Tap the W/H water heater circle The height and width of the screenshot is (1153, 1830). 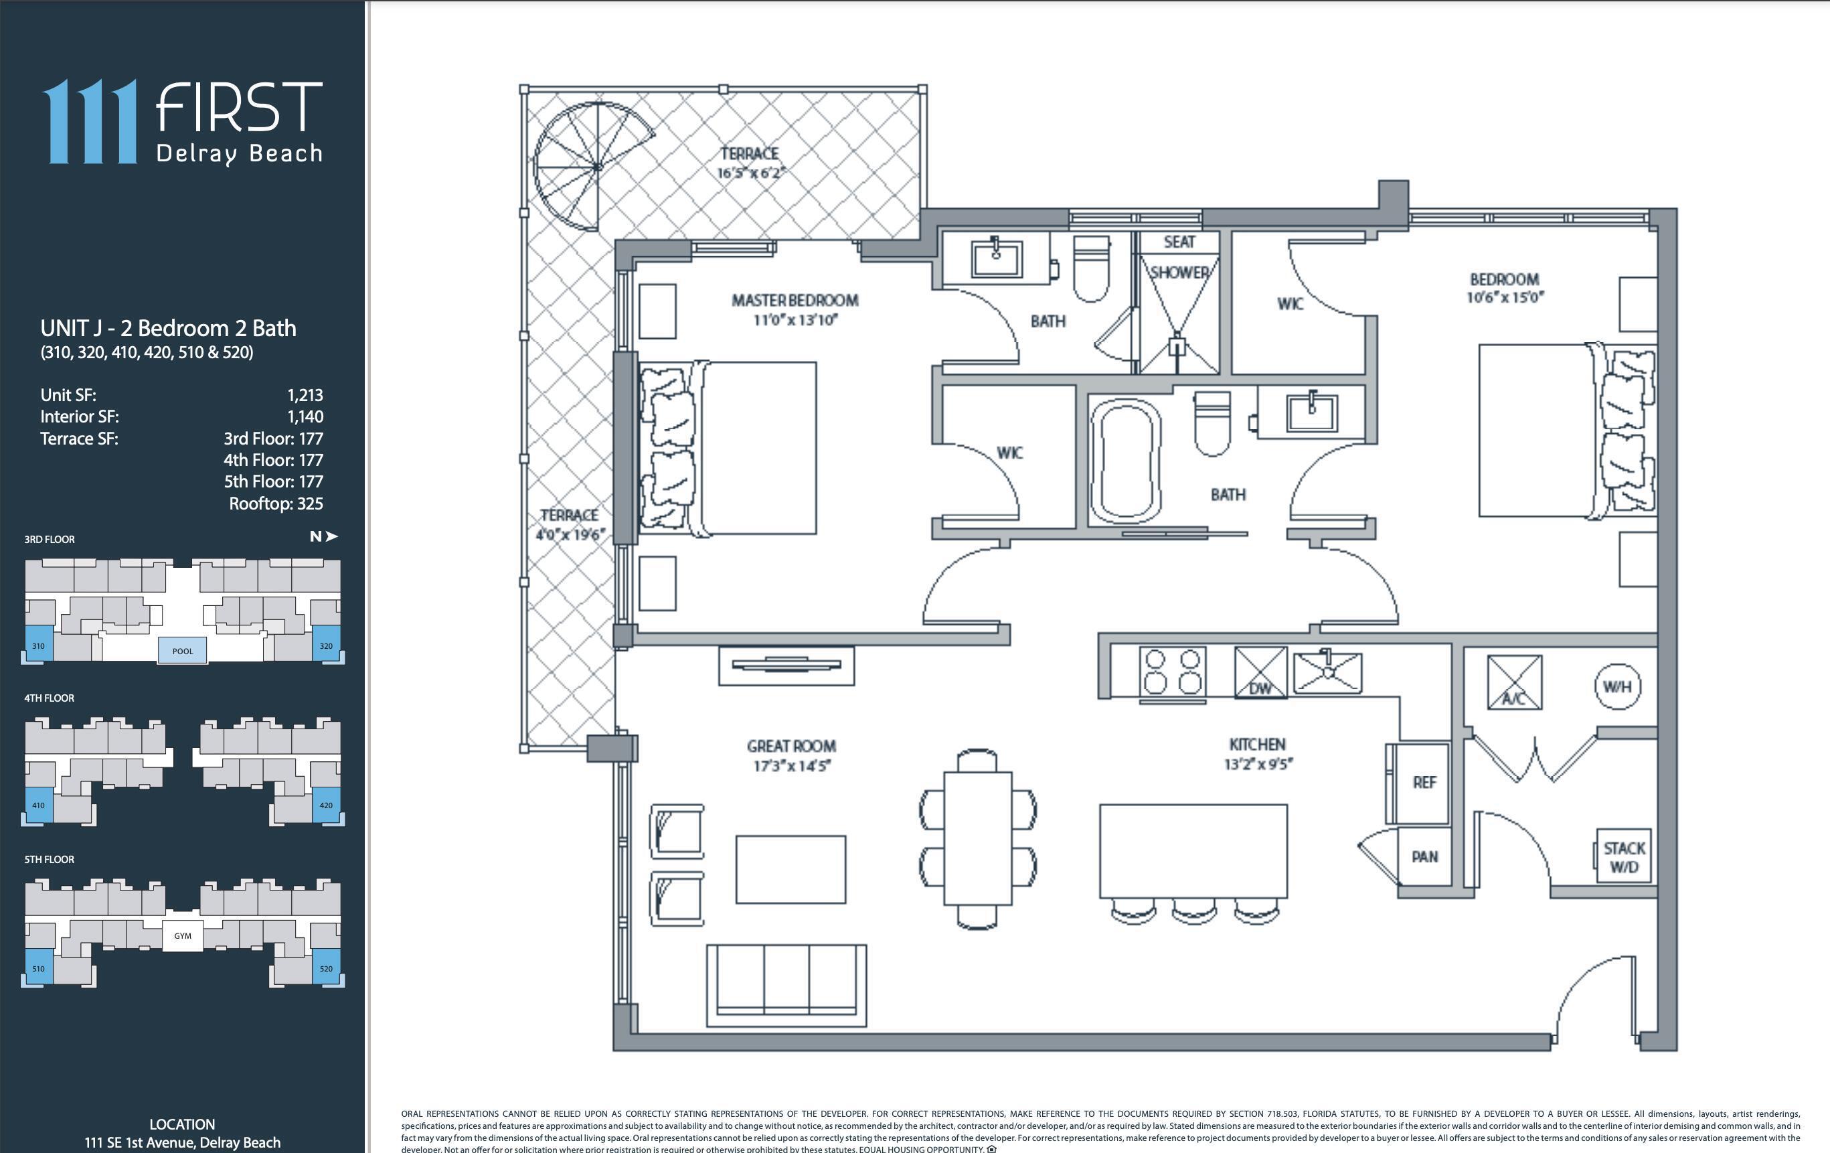pos(1616,686)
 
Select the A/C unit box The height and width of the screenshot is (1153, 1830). pos(1514,682)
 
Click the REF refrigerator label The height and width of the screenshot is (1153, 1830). pos(1424,782)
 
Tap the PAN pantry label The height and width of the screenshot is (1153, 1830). pos(1424,856)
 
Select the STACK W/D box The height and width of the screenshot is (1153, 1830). pos(1623,856)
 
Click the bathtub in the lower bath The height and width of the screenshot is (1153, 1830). pos(1126,461)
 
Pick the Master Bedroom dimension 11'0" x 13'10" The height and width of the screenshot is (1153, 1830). pos(795,320)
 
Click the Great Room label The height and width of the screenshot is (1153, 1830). pos(791,746)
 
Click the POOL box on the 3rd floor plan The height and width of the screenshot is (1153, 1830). pos(182,651)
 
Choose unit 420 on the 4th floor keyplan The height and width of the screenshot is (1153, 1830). pos(326,805)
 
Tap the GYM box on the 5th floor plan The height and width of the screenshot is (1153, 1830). pos(182,935)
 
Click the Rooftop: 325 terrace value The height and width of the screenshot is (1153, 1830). pos(276,503)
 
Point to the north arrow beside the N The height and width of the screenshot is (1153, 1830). pos(331,536)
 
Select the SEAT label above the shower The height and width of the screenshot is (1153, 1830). pos(1179,242)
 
